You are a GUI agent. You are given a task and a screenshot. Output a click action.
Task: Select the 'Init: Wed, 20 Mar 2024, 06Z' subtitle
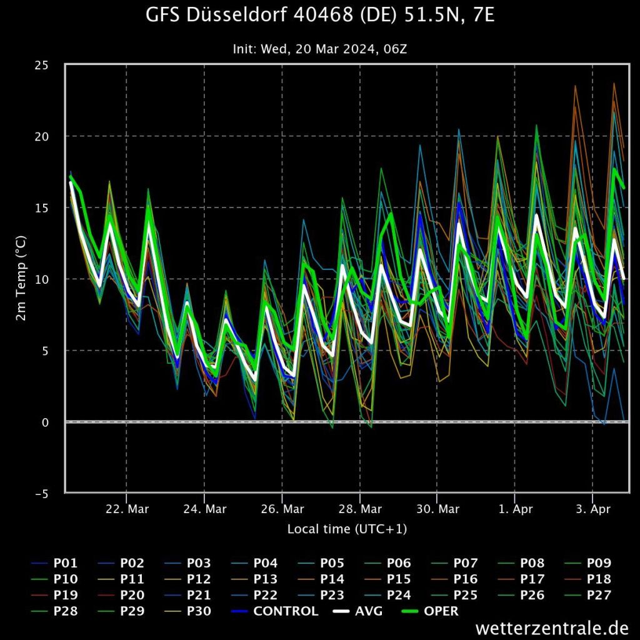tap(320, 47)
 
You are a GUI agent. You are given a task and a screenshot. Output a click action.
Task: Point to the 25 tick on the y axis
tap(49, 65)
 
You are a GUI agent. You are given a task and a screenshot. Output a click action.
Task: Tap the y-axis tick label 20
tap(49, 136)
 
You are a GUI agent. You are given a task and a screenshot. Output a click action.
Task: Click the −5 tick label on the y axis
tap(47, 494)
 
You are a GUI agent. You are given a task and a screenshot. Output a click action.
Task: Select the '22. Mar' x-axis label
tap(127, 509)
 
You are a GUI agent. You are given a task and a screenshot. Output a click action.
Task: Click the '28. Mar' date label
tap(360, 509)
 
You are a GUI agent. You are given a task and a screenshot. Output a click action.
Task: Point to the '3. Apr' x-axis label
tap(592, 509)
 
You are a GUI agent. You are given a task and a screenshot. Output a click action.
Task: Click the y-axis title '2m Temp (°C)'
tap(21, 279)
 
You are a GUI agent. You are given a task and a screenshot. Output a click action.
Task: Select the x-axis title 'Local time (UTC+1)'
tap(347, 529)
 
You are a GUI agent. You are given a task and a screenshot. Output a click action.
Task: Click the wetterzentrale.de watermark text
tap(556, 627)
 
